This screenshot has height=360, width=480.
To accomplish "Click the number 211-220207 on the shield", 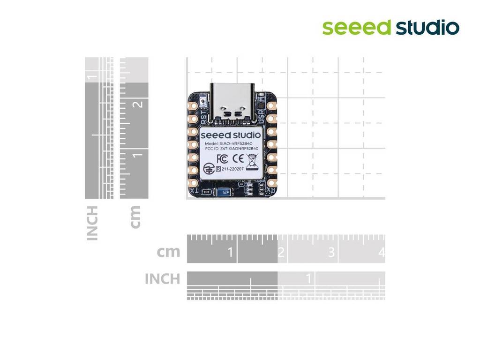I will click(232, 169).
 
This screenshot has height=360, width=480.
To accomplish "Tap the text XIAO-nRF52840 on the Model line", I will click(240, 143).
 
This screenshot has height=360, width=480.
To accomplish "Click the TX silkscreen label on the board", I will click(194, 191).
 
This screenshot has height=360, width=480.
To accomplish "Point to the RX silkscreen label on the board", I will click(271, 191).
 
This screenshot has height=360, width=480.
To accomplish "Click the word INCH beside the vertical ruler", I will click(93, 223).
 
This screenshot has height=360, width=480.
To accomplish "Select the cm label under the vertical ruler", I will click(135, 217).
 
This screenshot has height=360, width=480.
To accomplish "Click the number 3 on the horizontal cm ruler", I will click(331, 253).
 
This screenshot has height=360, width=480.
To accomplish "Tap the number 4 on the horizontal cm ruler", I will click(381, 253).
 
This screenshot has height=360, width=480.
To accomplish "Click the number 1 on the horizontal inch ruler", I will click(308, 278).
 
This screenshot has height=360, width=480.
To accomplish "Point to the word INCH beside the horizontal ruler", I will click(162, 279).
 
